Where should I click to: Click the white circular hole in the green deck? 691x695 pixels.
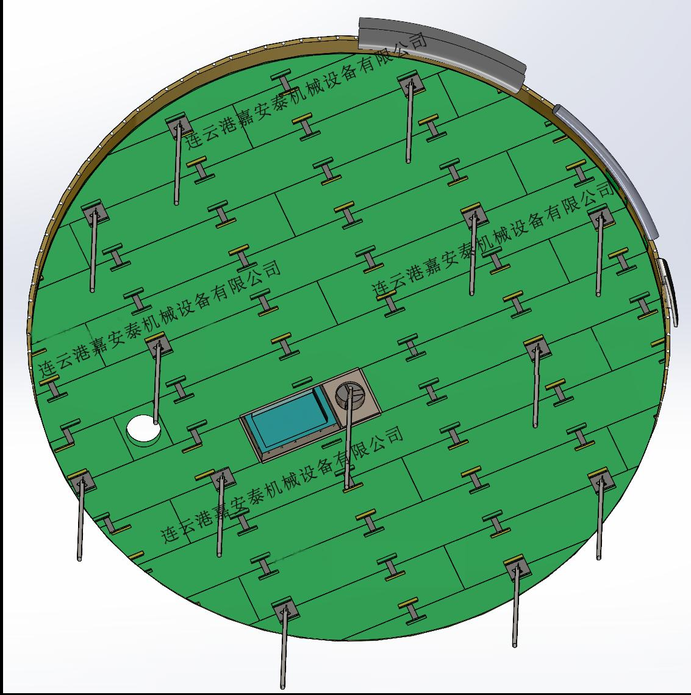pos(143,428)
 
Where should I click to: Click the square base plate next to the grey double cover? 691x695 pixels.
pos(411,84)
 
